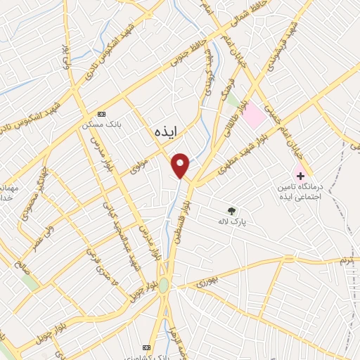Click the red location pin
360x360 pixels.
181,165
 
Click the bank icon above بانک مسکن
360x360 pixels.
102,114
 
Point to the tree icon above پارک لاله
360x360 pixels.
231,210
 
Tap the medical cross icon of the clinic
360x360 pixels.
300,174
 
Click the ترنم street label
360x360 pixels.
345,261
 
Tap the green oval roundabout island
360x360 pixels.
164,285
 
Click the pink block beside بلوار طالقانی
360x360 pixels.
255,116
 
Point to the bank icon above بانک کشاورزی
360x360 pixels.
147,347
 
